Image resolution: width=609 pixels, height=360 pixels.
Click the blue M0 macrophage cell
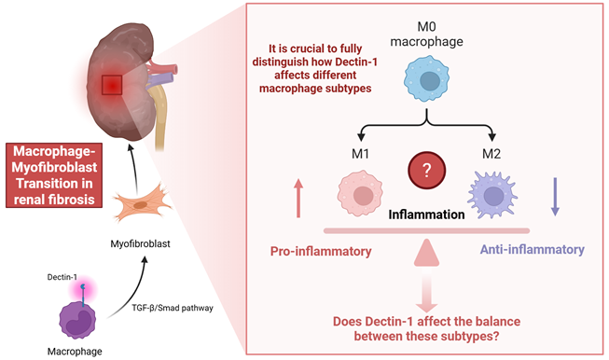click(x=426, y=79)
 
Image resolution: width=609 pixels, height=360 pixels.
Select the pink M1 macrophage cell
click(x=360, y=193)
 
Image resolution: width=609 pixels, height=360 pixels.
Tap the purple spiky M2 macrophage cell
click(x=492, y=194)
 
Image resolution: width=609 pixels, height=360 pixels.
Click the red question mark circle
click(x=426, y=170)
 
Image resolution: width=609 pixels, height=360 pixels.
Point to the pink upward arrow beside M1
click(x=298, y=198)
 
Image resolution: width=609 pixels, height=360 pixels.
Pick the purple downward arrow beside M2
click(x=555, y=197)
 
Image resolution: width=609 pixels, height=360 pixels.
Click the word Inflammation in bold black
click(x=426, y=215)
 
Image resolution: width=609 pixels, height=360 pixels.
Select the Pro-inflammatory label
click(x=321, y=251)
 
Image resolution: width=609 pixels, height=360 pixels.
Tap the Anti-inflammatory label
click(x=533, y=249)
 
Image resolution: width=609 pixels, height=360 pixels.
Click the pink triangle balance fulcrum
click(x=426, y=253)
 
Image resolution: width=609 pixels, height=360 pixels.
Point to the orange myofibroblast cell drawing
click(x=142, y=202)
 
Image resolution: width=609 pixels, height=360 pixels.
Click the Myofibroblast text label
click(x=140, y=243)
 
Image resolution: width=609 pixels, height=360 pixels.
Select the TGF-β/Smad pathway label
click(x=173, y=308)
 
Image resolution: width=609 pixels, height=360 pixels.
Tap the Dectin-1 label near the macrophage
click(x=62, y=277)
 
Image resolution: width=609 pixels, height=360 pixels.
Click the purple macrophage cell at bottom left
click(x=77, y=321)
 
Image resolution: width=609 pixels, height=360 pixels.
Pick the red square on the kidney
click(x=112, y=85)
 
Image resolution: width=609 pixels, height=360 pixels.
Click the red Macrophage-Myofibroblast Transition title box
click(x=54, y=175)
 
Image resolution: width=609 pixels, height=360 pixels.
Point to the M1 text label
click(x=360, y=154)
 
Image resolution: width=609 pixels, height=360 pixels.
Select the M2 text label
click(x=491, y=154)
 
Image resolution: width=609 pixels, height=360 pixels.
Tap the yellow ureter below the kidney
click(x=160, y=117)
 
